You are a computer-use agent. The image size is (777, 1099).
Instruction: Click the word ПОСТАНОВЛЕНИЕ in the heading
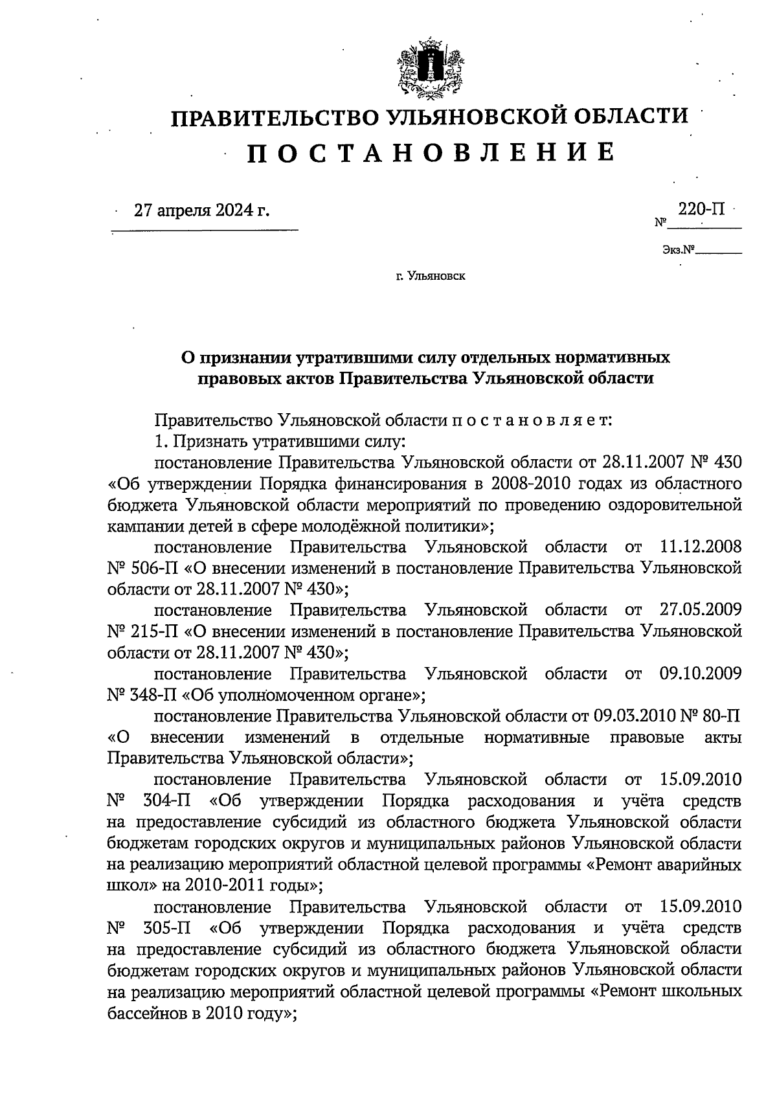click(430, 152)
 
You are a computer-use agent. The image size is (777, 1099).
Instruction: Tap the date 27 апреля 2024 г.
click(201, 210)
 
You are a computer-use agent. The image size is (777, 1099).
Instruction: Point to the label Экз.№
click(678, 249)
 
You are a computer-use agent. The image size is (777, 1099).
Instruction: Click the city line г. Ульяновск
click(430, 277)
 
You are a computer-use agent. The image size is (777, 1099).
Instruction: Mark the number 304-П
click(165, 801)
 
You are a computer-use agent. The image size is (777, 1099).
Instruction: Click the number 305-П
click(165, 928)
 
